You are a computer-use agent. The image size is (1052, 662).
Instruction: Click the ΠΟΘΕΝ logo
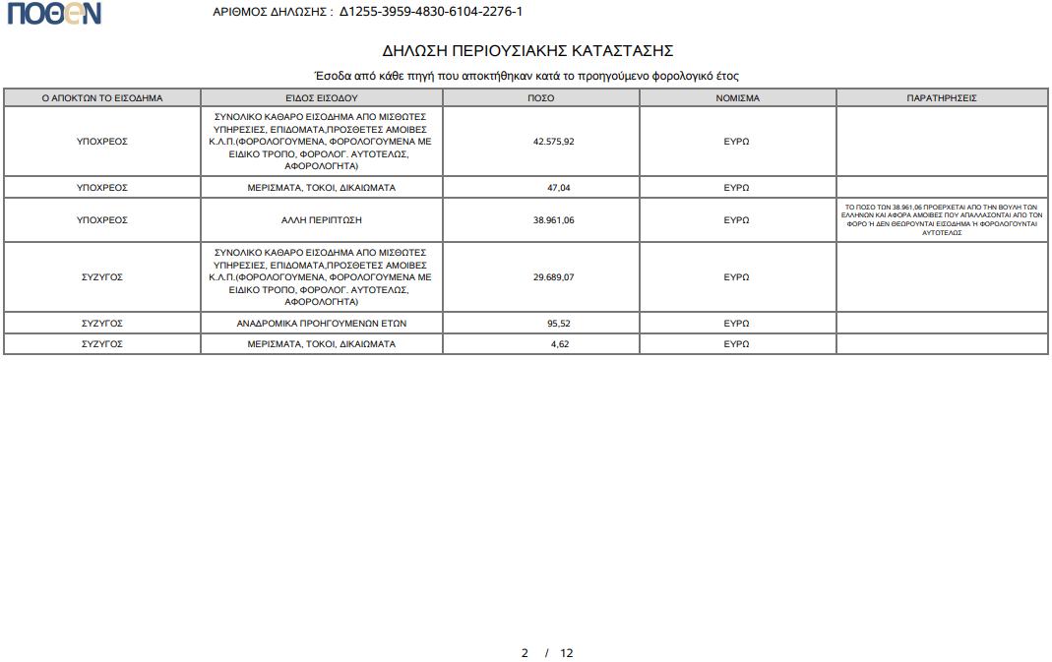54,13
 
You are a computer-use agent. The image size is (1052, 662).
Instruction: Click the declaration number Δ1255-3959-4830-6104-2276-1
431,12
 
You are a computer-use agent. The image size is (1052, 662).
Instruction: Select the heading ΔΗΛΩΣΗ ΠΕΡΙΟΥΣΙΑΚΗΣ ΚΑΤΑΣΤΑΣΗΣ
527,51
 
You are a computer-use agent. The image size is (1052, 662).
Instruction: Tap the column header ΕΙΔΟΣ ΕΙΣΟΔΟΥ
322,98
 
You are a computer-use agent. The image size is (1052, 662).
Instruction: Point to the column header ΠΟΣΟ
540,98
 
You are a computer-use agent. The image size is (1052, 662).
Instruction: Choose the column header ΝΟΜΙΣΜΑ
737,98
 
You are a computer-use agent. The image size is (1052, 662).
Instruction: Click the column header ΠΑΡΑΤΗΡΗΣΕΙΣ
942,98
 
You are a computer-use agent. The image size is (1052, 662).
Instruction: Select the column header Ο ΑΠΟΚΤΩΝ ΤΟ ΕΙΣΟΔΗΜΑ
102,98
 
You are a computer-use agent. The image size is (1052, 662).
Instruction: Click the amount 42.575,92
553,142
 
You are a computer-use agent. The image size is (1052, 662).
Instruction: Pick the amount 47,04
558,187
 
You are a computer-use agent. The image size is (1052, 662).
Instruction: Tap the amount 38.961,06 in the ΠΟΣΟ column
553,220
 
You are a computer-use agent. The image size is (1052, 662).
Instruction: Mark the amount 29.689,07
553,277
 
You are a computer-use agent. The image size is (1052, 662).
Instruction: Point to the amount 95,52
558,323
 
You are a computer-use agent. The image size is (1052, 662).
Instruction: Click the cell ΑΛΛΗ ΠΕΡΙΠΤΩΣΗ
322,220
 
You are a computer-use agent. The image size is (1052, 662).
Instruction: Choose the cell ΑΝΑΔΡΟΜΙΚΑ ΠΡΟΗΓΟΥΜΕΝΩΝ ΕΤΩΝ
322,323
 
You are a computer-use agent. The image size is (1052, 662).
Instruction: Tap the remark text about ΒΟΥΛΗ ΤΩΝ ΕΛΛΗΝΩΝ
942,220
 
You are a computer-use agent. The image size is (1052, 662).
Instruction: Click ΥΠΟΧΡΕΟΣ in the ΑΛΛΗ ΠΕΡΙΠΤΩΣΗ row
102,220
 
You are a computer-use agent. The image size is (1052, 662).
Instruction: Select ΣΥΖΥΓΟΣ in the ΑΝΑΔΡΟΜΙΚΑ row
102,323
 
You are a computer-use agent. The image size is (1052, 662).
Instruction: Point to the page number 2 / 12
547,653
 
